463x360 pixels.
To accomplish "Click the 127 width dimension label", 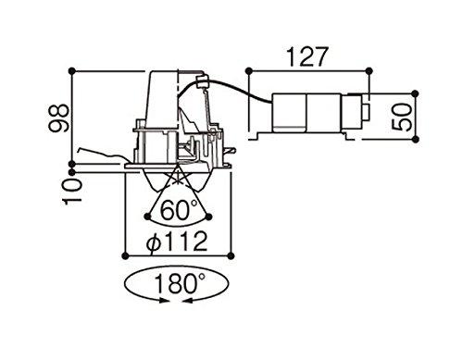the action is coord(307,57).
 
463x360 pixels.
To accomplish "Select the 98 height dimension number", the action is coord(59,118).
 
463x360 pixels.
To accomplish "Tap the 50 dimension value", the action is coord(402,117).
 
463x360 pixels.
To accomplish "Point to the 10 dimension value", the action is coord(72,192).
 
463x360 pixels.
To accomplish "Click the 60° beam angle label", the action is coord(179,210).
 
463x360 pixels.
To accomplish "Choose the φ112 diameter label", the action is coord(177,242).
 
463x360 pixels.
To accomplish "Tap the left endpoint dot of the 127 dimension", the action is coord(249,71).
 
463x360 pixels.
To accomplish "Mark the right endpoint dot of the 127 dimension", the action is coord(369,71).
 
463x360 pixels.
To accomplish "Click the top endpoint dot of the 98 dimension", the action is coord(72,71).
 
